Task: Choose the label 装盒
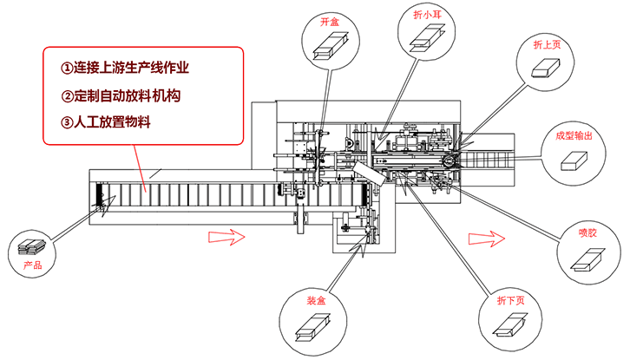pos(315,300)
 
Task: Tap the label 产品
pos(32,264)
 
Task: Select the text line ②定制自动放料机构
pos(121,95)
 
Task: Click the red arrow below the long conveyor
pos(233,235)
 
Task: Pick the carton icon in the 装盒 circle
pos(314,327)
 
